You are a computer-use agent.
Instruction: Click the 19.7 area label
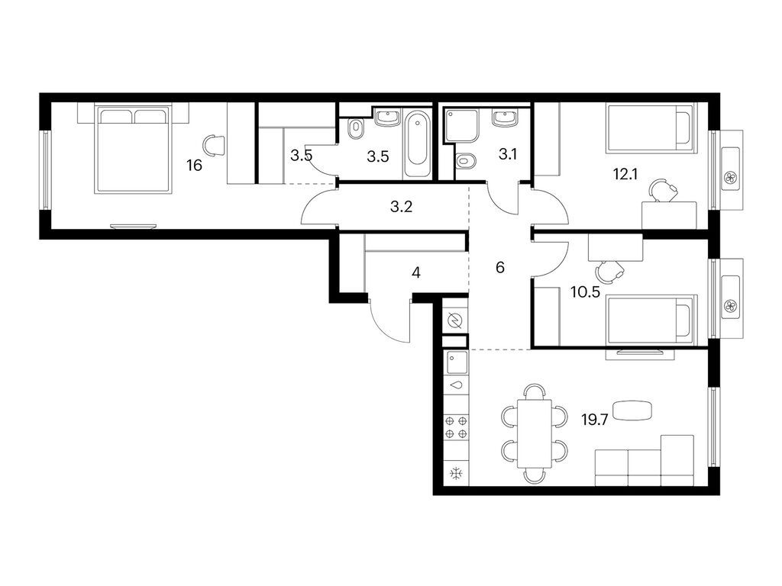click(594, 420)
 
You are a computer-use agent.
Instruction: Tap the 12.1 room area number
click(625, 175)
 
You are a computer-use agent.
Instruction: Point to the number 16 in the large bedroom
click(195, 166)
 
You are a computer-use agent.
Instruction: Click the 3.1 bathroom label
click(508, 154)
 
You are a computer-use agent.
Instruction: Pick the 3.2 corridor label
click(402, 206)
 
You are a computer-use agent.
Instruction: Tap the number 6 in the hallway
click(500, 268)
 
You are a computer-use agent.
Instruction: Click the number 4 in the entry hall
click(416, 272)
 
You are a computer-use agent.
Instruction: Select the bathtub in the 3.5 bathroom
click(418, 143)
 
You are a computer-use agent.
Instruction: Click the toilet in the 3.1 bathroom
click(465, 161)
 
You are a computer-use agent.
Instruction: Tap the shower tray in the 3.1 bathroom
click(462, 124)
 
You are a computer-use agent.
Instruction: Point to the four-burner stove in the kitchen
click(457, 427)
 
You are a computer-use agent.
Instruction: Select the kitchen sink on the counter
click(457, 363)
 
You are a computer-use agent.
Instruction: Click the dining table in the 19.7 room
click(535, 433)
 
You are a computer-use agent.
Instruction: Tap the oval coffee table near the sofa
click(632, 411)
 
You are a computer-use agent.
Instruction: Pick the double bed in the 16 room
click(134, 149)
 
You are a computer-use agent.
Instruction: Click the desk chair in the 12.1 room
click(663, 191)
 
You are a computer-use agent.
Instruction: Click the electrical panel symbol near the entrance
click(455, 321)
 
